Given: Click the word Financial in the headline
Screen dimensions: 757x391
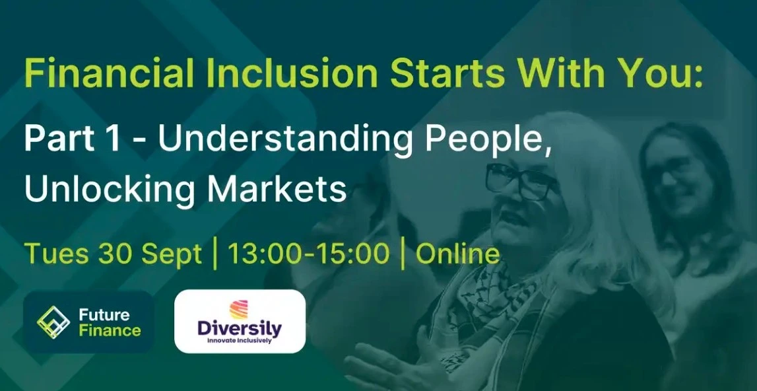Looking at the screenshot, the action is coord(109,73).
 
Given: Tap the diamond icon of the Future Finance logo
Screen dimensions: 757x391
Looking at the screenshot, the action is coord(53,322).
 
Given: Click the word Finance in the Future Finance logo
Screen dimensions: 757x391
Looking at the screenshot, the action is coord(110,331).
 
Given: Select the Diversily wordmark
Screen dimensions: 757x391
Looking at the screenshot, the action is coord(240,329).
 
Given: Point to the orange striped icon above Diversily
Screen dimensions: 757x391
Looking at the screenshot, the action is coord(238,310).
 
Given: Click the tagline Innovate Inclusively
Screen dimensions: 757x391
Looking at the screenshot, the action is coord(240,341).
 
